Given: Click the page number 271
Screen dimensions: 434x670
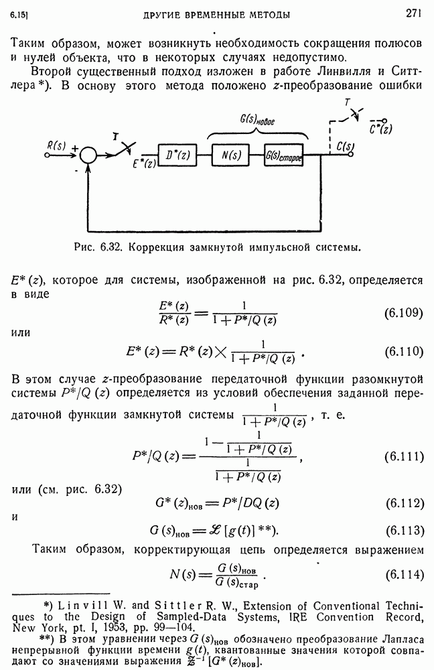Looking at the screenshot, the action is tap(413, 13).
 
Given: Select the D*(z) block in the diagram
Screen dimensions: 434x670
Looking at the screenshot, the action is tap(177, 155).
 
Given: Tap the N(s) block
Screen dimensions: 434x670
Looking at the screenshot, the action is tap(231, 155).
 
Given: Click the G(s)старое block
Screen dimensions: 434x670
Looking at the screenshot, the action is tap(283, 155).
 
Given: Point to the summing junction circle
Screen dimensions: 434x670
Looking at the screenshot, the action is tap(89, 155).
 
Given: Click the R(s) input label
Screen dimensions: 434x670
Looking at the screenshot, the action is tap(56, 145).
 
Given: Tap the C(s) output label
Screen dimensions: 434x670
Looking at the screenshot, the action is tap(345, 147).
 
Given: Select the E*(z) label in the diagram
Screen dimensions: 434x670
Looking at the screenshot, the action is tap(144, 163).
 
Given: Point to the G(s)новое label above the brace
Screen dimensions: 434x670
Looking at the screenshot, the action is tap(257, 120).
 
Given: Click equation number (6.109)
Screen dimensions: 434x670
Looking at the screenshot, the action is tap(404, 313).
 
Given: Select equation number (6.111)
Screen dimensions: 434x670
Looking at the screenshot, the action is tap(404, 456).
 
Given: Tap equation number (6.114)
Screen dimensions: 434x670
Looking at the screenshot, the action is tap(405, 575).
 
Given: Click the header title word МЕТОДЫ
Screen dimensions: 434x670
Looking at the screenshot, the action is tap(271, 15).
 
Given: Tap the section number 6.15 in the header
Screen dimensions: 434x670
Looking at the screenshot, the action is tap(18, 15).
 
